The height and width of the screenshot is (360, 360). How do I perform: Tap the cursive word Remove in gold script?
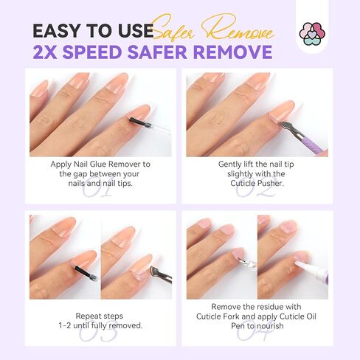click(239, 30)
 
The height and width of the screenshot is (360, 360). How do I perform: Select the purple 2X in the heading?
click(47, 52)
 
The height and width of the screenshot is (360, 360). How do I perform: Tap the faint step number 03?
click(100, 332)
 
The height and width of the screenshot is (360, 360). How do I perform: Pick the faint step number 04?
click(254, 332)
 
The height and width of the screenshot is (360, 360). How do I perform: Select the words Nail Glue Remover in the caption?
click(111, 164)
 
